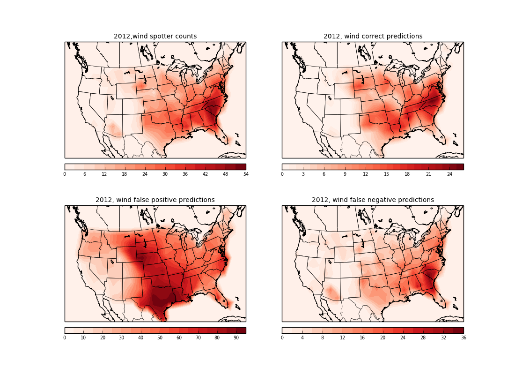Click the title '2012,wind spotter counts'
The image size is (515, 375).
tap(155, 37)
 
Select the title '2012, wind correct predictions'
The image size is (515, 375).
tap(373, 37)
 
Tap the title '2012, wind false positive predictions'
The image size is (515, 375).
tap(155, 200)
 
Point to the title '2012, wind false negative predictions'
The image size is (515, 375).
tap(373, 200)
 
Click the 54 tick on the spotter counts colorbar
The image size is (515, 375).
tap(246, 174)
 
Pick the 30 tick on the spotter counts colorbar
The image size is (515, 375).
tap(165, 174)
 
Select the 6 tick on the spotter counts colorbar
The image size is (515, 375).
tap(85, 174)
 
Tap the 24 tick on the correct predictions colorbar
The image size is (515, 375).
tap(449, 174)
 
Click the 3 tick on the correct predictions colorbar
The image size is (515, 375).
tap(303, 174)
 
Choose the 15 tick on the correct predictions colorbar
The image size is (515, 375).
tap(386, 174)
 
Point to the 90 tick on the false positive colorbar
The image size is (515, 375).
tap(236, 337)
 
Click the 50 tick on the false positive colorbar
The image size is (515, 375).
tap(160, 337)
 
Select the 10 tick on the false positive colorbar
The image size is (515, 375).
tap(83, 337)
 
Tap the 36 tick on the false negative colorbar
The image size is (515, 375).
tap(463, 337)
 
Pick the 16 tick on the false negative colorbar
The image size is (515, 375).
tap(363, 337)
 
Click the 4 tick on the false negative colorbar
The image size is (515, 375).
tap(302, 337)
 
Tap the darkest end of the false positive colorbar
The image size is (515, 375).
tap(243, 330)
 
